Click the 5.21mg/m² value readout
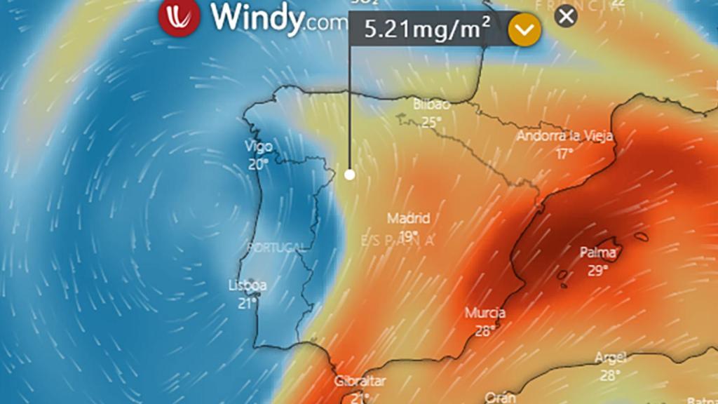coord(426,30)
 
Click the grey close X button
coord(566,15)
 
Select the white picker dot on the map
coord(350,175)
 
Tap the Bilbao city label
coord(431,105)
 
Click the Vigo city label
coord(258,147)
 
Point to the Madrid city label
coord(408,218)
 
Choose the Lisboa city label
coord(248,285)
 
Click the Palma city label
coord(598,252)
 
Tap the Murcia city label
coord(485,313)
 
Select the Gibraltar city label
coord(360,381)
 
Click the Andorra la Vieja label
coord(565,136)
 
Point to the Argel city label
coord(609,358)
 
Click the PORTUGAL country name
coord(276,248)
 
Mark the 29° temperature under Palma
coord(597,270)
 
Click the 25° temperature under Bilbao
coord(431,122)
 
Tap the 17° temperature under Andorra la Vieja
coord(564,154)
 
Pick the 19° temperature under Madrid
coord(408,235)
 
